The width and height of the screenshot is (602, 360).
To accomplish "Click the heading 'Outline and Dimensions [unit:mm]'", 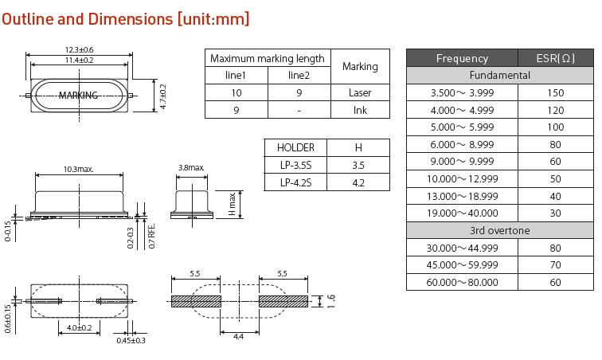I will [125, 18].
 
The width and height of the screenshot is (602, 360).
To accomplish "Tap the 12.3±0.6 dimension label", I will [79, 50].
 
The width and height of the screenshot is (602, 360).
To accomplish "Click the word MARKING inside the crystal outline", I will [78, 96].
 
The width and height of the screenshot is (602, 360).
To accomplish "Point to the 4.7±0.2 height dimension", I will [163, 97].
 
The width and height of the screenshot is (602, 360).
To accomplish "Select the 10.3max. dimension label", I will [78, 169].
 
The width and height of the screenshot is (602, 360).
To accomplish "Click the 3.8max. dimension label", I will [191, 168].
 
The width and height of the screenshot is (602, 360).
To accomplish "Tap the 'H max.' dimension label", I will [232, 204].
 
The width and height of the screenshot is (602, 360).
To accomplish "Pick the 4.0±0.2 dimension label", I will [79, 327].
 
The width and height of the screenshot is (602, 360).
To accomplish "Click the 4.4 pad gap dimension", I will [238, 338].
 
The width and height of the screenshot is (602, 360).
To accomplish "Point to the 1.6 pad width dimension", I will [331, 301].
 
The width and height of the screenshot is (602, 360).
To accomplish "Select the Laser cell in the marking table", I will [360, 92].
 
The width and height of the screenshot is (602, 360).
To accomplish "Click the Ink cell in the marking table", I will [360, 110].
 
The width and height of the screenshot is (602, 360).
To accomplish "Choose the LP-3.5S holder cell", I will [295, 165].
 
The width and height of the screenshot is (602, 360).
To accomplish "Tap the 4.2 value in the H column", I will [358, 182].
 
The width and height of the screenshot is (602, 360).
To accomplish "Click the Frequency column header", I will [462, 58].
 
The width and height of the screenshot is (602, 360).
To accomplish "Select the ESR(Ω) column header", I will [555, 58].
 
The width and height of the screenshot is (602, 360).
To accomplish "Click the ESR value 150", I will [555, 93].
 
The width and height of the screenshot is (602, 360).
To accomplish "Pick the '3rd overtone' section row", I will [499, 230].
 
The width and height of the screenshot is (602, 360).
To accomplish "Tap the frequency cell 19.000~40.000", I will [462, 213].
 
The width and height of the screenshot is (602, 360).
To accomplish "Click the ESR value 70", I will [555, 264].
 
